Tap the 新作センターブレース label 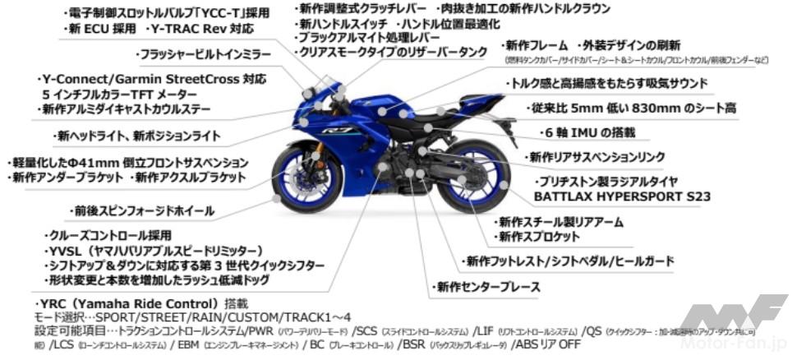[x=486, y=287]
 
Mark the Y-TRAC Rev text [x=201, y=29]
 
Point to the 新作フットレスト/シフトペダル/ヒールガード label [x=568, y=261]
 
